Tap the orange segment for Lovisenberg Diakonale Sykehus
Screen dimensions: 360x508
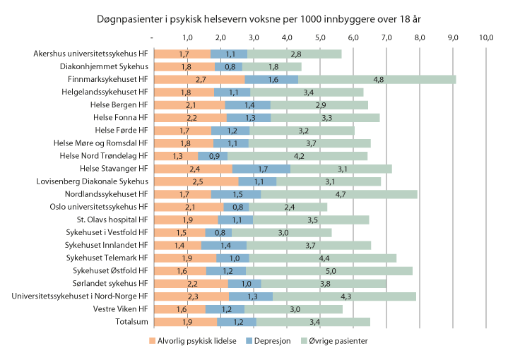(x=196, y=181)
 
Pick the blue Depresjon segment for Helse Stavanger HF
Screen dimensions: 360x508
(x=261, y=169)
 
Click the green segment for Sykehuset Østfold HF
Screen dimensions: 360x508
(x=329, y=270)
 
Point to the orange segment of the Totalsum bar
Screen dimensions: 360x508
(x=185, y=322)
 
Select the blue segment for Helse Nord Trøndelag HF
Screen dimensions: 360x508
(x=213, y=156)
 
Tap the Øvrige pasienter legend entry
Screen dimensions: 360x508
(x=336, y=341)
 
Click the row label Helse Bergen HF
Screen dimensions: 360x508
(x=119, y=105)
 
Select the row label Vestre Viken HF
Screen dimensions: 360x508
(x=120, y=309)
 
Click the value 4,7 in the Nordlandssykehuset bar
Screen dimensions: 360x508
(x=339, y=194)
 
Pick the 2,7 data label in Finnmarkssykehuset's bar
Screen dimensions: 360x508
(x=200, y=80)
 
